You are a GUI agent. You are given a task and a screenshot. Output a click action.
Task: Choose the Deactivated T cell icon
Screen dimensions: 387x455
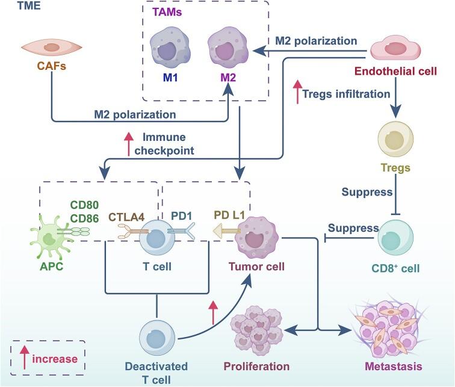[x=158, y=336]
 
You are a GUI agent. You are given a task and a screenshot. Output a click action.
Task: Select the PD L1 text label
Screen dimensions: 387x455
[x=232, y=214]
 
